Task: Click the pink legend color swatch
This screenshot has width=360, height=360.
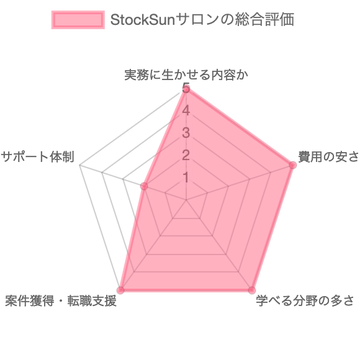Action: [x=78, y=20]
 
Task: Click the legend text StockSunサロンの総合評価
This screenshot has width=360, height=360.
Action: [x=202, y=20]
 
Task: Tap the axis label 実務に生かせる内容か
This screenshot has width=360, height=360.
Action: [x=186, y=75]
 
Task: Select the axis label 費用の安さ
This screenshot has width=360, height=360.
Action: [x=328, y=157]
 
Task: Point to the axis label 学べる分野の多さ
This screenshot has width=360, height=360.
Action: [x=305, y=301]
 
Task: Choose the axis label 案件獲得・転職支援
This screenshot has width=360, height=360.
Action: [x=61, y=301]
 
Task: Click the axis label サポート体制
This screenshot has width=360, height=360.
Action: [x=38, y=157]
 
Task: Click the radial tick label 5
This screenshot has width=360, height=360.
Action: [x=186, y=88]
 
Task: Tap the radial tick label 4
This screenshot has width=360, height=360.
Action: [x=186, y=110]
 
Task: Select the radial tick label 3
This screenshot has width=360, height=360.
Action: [x=186, y=133]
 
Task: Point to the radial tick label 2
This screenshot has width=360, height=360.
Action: [x=186, y=155]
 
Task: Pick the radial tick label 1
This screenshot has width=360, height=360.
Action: [x=186, y=178]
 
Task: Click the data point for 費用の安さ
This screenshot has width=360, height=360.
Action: [x=292, y=165]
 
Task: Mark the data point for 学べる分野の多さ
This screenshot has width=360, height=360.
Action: [x=252, y=290]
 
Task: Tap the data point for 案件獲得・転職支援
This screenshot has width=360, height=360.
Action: [x=120, y=290]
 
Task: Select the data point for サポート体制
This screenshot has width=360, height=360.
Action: [x=144, y=186]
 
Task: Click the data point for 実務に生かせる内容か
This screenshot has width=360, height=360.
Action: [x=186, y=89]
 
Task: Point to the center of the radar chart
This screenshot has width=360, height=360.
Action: [x=186, y=200]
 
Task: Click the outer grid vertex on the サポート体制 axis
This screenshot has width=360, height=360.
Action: [x=80, y=165]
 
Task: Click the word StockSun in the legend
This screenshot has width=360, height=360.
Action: [x=143, y=20]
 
